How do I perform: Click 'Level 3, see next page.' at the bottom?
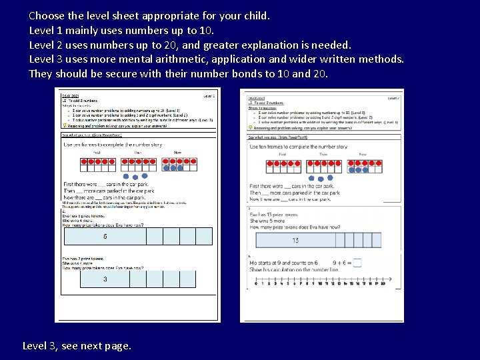point(77,345)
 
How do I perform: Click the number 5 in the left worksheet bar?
point(105,237)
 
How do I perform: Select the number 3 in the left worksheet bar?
point(105,279)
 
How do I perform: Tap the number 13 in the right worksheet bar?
point(295,241)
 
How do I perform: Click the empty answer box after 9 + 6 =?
point(357,263)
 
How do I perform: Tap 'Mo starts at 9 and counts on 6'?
point(283,263)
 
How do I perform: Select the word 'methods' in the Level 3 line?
point(382,59)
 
